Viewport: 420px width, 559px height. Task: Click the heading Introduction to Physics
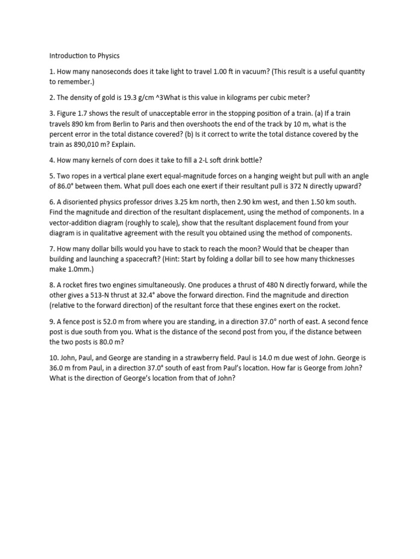84,56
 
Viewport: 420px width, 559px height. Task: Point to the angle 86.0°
69,186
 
